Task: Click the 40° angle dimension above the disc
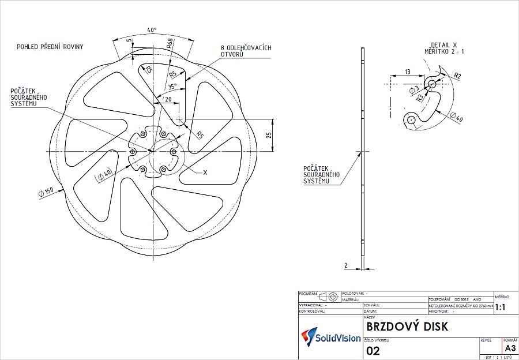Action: click(x=152, y=29)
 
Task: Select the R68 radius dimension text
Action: click(x=169, y=44)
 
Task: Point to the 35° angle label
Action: click(x=172, y=87)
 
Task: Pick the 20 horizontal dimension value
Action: click(x=168, y=100)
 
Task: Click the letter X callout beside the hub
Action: click(x=205, y=172)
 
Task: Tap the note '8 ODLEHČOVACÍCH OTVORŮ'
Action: click(x=245, y=51)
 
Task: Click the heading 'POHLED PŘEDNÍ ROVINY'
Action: click(x=50, y=46)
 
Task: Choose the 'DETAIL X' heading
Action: click(x=443, y=44)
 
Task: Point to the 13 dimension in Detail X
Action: click(x=407, y=72)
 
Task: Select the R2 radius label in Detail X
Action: click(x=457, y=76)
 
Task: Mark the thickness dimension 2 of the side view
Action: click(x=346, y=265)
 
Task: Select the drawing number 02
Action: click(x=373, y=350)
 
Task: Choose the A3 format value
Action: click(x=510, y=348)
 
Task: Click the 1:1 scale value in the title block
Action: click(x=499, y=308)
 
